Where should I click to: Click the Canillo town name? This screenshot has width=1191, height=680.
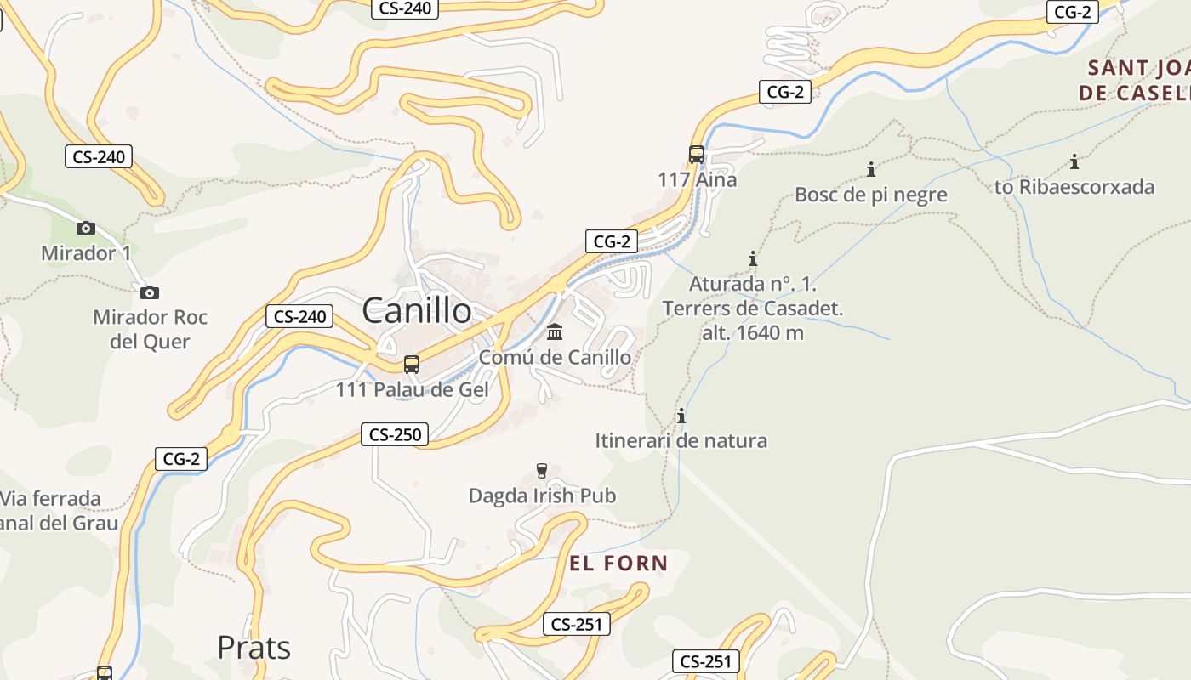point(417,310)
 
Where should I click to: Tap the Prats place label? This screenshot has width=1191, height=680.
point(254,648)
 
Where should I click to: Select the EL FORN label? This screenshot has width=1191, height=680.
point(618,563)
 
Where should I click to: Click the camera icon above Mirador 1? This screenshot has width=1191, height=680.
point(85,228)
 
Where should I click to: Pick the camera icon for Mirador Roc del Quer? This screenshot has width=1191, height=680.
point(150,292)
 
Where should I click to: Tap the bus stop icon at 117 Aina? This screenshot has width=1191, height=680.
point(697,155)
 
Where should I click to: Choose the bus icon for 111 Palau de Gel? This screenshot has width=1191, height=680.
point(412,365)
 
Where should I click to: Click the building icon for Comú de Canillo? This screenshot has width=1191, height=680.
point(555,331)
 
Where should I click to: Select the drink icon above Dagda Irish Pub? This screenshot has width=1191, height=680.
point(541,470)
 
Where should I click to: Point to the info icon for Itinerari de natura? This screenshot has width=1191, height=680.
point(681,416)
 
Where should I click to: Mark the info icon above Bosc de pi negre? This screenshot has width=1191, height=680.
point(870,169)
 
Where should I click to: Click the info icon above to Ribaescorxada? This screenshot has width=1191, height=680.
point(1074,161)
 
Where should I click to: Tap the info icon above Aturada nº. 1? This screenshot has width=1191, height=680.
point(752,258)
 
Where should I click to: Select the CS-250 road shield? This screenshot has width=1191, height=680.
point(394,434)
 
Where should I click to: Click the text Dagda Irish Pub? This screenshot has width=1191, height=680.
point(542,496)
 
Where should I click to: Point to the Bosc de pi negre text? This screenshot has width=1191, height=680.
point(870,195)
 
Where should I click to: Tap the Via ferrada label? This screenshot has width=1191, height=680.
point(51,499)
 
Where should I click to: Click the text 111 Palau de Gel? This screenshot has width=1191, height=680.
point(413,390)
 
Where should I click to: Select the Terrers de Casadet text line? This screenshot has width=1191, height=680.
point(753,308)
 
